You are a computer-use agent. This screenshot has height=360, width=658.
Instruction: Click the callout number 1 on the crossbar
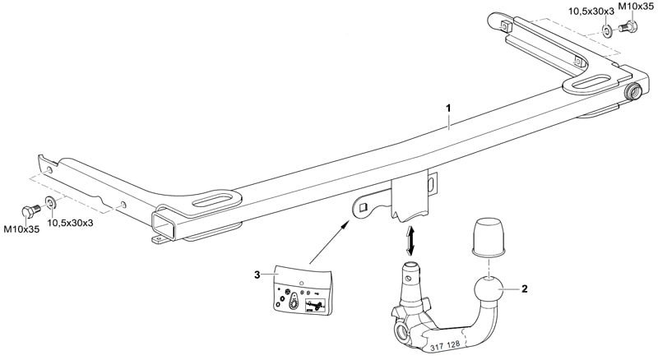[448, 108]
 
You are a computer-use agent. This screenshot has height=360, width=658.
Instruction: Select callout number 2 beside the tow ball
[524, 289]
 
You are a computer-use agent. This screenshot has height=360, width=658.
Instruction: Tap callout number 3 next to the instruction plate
[257, 275]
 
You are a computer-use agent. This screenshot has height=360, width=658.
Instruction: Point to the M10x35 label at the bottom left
[21, 229]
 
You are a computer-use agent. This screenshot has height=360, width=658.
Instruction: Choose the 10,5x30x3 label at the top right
[591, 12]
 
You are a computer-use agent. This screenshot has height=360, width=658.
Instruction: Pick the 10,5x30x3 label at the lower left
[70, 223]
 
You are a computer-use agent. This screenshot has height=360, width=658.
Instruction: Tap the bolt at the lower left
[30, 211]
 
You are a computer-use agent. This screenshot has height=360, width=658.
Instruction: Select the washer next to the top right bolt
[606, 30]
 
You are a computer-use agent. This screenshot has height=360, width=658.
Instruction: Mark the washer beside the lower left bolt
[51, 203]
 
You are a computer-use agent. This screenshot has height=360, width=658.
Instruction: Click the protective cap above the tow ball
[489, 237]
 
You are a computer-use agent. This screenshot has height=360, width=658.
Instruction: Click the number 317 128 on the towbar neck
[445, 345]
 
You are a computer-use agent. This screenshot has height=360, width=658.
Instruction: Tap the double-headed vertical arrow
[410, 241]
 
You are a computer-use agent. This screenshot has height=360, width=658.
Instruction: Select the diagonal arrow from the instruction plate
[330, 243]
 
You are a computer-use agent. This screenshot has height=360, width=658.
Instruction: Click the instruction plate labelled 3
[303, 290]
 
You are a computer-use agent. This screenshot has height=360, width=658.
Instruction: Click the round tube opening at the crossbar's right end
[632, 91]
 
